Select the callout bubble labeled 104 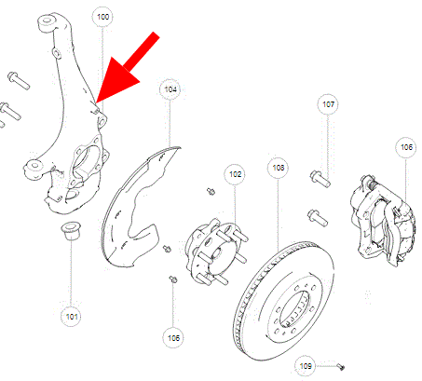[x=170, y=90]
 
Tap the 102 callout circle [x=236, y=174]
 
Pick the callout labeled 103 [x=278, y=168]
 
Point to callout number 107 [x=328, y=104]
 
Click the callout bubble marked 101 [x=72, y=316]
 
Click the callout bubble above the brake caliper [x=406, y=147]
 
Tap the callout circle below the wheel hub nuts [x=174, y=336]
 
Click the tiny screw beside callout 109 [x=341, y=365]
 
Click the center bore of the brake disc [x=298, y=307]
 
